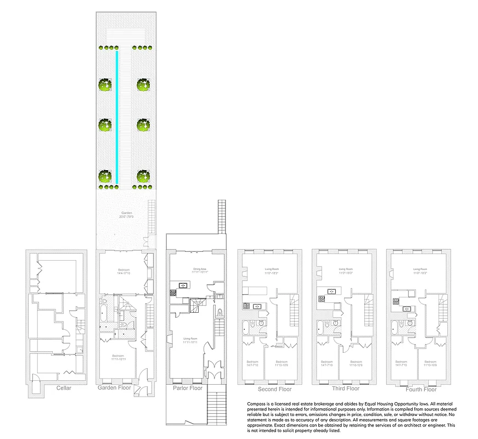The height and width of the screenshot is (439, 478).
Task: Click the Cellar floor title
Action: coord(64,388)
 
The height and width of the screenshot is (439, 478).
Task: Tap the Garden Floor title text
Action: coord(115,388)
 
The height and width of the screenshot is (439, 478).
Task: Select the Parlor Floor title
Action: coord(188,388)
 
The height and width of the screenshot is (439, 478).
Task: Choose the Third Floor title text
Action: coord(346,388)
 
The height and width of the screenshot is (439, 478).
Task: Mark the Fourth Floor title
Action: coord(421,390)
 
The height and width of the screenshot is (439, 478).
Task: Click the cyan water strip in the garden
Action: coord(116,117)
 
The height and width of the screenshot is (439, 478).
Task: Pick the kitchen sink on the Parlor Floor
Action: coord(181,285)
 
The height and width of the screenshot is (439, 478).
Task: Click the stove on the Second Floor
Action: coord(247,306)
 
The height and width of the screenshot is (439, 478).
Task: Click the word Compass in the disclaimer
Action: coord(257,403)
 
